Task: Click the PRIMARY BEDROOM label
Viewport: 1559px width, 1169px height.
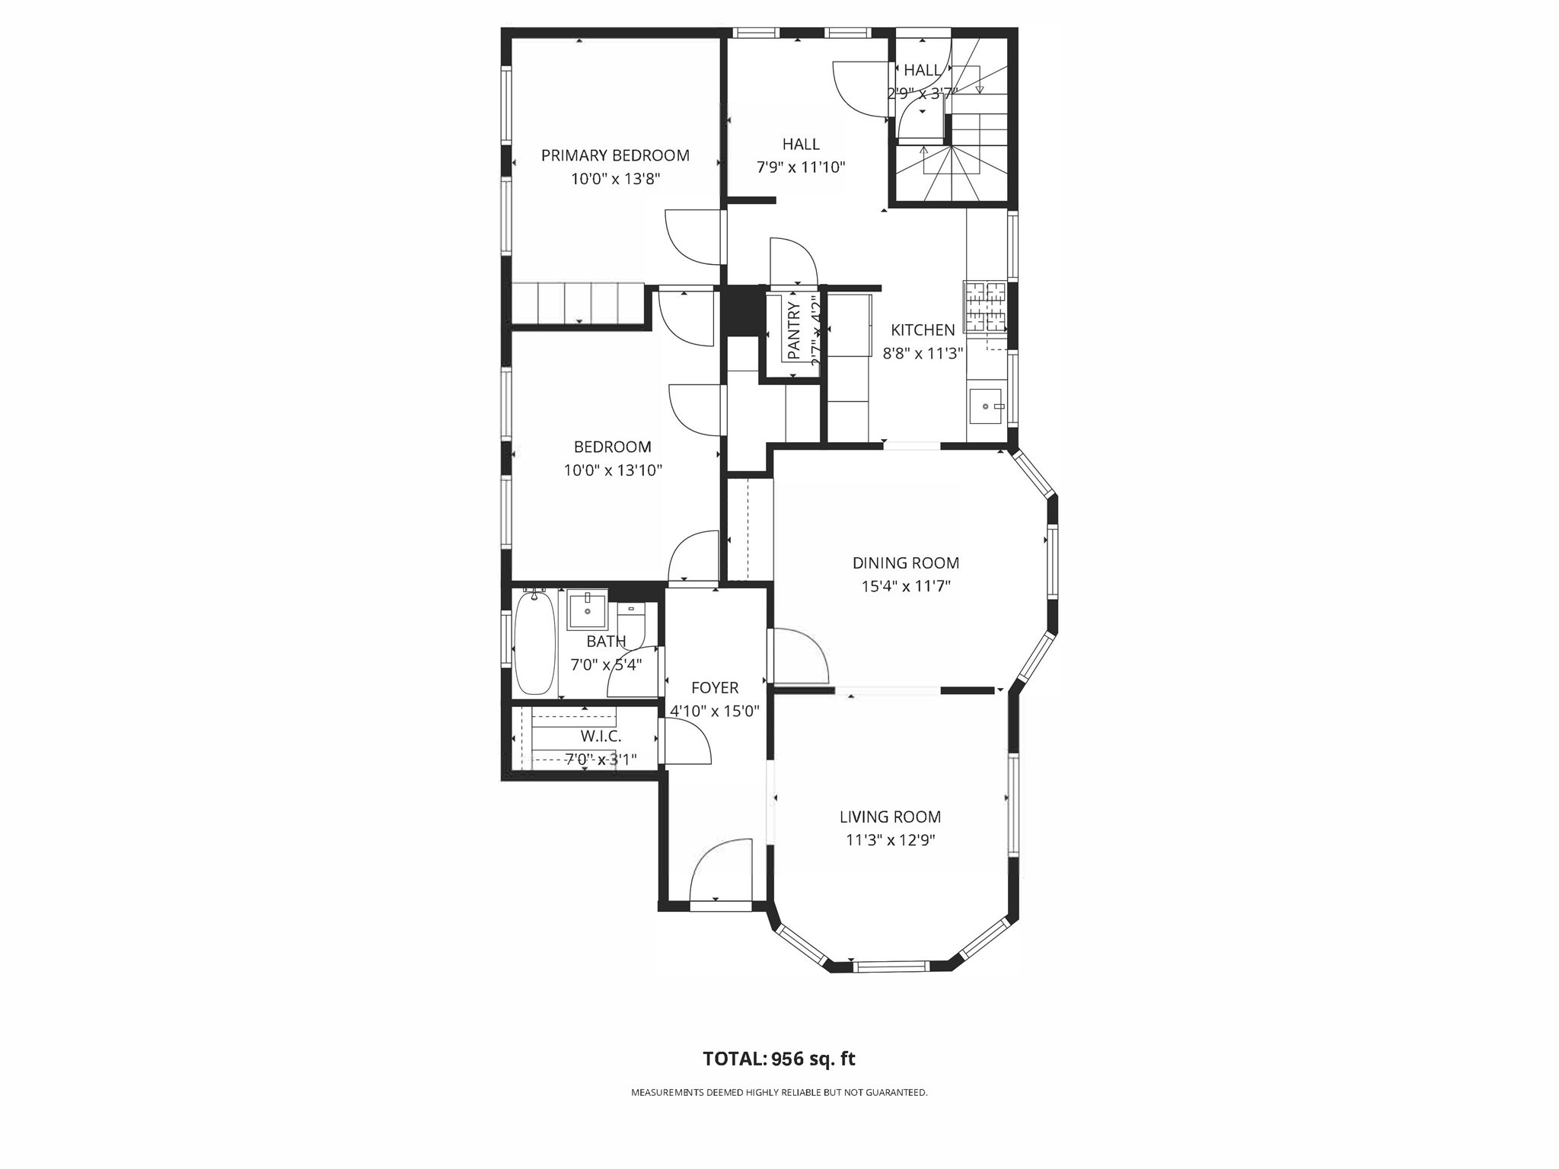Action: [x=615, y=155]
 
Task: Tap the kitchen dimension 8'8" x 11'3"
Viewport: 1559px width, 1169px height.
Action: [x=923, y=354]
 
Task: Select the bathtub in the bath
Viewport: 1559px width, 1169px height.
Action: [x=534, y=643]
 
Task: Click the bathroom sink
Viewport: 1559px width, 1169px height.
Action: [x=588, y=609]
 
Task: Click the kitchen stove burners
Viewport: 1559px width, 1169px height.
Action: [x=985, y=306]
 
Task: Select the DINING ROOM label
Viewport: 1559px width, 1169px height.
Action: [x=905, y=563]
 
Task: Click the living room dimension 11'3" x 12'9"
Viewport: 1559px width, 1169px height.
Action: [x=890, y=840]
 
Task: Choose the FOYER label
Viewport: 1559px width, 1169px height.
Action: [x=714, y=688]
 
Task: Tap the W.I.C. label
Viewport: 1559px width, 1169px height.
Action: [x=601, y=736]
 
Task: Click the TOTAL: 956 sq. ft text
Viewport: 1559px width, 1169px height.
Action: [x=779, y=1059]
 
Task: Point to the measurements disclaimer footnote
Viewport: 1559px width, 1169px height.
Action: [x=779, y=1092]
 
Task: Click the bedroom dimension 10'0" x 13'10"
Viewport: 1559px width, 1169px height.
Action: [x=613, y=470]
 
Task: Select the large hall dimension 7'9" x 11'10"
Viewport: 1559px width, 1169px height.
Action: [x=801, y=167]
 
